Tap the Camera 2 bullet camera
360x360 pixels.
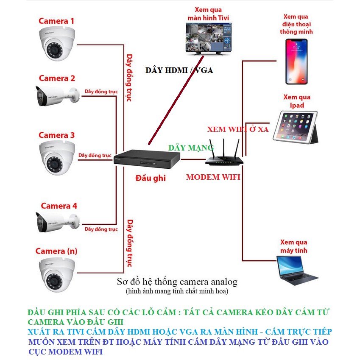point(57,96)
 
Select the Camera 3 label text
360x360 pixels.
point(56,135)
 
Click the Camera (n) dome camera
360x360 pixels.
point(57,273)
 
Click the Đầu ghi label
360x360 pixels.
point(151,178)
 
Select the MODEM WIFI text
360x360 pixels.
point(213,177)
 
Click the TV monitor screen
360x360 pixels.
point(209,38)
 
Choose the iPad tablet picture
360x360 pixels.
point(296,126)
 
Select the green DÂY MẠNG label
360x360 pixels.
point(191,148)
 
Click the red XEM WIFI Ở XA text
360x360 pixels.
point(237,129)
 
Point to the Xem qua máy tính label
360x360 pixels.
point(293,246)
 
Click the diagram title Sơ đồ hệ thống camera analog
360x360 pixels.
point(177,282)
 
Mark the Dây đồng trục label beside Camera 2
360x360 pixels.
point(101,92)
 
